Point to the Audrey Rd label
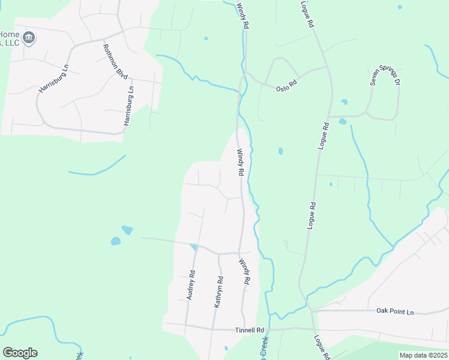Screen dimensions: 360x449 191,285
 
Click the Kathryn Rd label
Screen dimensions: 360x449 219,292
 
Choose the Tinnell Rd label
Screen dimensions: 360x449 250,330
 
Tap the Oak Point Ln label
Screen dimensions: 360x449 395,311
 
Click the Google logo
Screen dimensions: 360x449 20,353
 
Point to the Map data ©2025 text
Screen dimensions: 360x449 423,355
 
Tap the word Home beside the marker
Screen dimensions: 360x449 8,34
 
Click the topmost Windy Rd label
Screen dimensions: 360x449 242,16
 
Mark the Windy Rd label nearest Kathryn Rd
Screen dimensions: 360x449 244,271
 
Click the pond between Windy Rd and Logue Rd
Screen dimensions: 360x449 280,151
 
